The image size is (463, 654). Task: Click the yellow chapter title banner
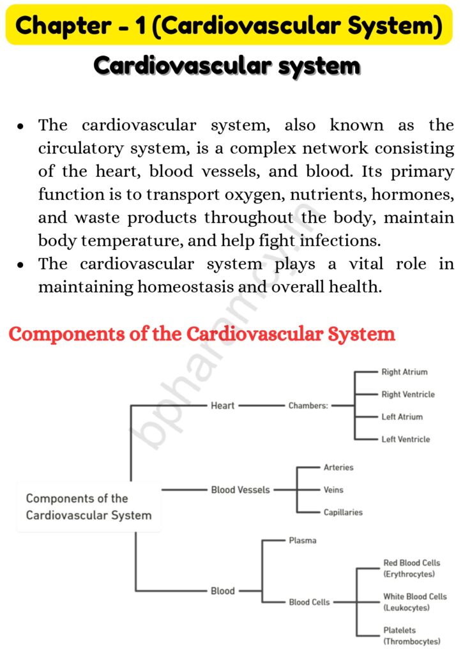tap(231, 26)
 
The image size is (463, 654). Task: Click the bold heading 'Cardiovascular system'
tap(227, 65)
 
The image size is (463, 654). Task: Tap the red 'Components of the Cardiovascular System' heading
tap(202, 334)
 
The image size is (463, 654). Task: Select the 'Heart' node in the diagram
tap(223, 405)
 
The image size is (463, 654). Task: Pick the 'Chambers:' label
tap(308, 406)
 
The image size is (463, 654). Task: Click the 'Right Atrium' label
tap(404, 372)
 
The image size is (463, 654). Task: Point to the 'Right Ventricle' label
tap(408, 394)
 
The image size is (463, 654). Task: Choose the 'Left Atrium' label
tap(402, 416)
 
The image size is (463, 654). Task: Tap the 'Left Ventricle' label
tap(406, 439)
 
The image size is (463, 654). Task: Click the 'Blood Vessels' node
tap(240, 490)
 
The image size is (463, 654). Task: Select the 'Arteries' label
tap(338, 468)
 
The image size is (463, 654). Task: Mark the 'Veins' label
tap(333, 490)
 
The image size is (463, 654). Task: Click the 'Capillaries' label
tap(343, 512)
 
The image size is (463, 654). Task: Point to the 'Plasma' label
tap(302, 540)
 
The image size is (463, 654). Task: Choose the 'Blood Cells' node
tap(309, 602)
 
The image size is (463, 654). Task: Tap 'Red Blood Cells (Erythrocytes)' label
tap(412, 568)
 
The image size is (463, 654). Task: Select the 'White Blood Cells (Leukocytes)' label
tap(414, 602)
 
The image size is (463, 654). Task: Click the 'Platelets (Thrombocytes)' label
tap(412, 635)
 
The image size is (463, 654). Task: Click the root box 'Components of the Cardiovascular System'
tap(89, 507)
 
